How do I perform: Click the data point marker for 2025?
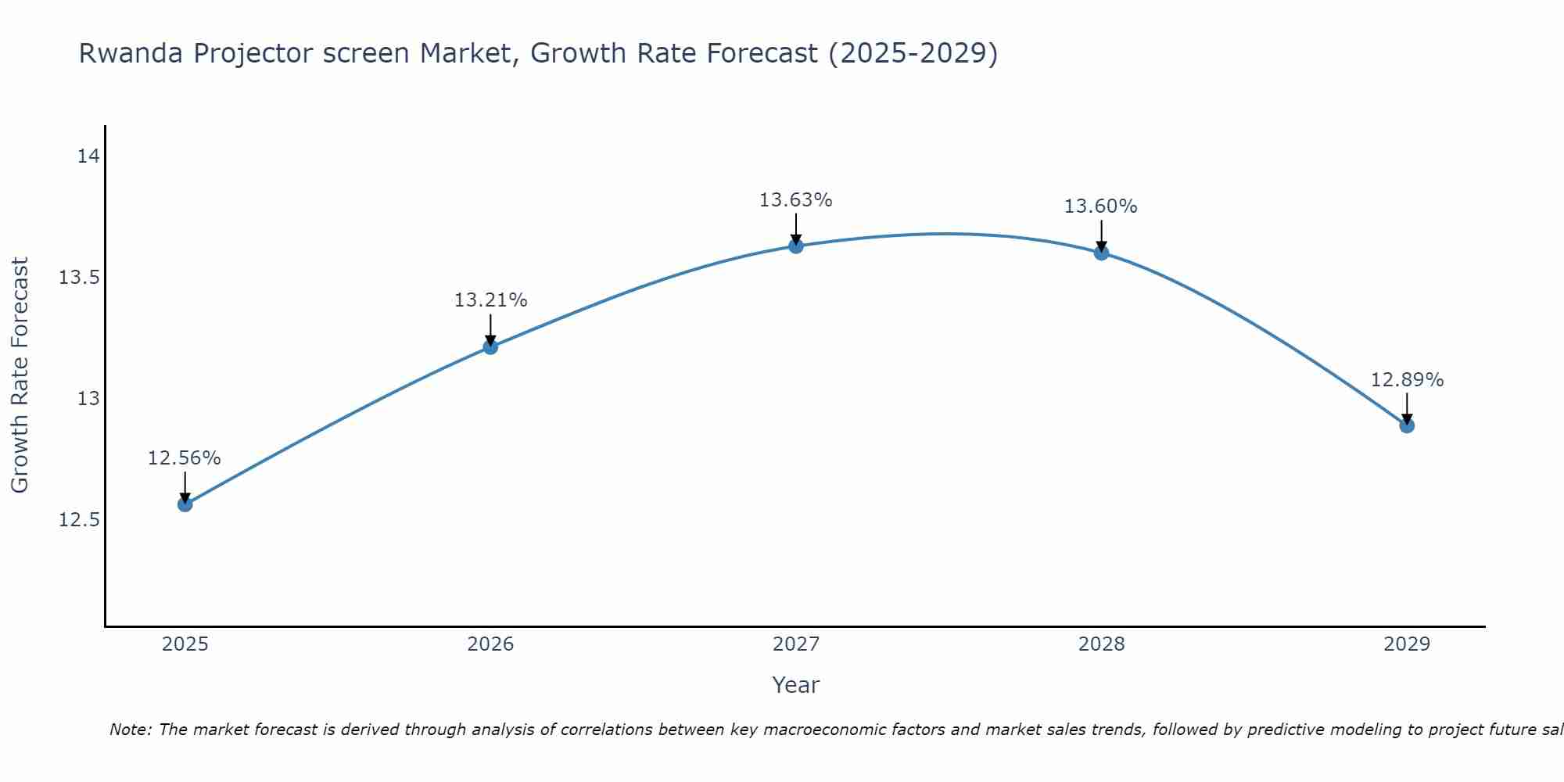(185, 504)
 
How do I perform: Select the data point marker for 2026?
(490, 346)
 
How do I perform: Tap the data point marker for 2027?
(796, 246)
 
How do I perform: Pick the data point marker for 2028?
(1101, 253)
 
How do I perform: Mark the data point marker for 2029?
(1407, 425)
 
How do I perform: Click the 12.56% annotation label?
(185, 458)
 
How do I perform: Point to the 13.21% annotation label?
(490, 300)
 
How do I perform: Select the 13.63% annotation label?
(796, 200)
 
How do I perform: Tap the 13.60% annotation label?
(1101, 206)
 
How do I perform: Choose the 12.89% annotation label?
(1407, 380)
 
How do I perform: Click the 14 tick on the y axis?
(88, 156)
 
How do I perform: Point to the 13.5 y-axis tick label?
(80, 278)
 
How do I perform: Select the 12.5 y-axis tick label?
(80, 520)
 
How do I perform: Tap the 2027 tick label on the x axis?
(796, 644)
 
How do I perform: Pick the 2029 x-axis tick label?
(1407, 644)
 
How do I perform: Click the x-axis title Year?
(796, 685)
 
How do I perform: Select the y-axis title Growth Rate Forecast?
(20, 375)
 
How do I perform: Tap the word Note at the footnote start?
(127, 730)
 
